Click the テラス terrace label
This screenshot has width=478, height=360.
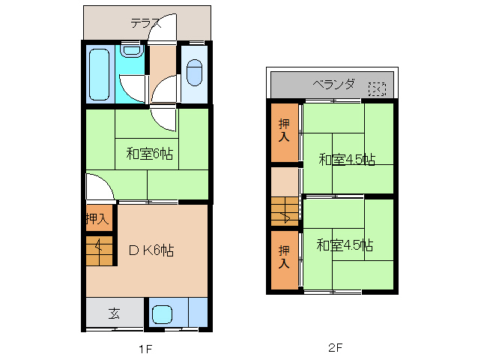pos(146,22)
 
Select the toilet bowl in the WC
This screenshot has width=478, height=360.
pos(194,72)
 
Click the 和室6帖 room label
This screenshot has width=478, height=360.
pos(149,154)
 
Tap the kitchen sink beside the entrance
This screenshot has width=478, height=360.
pos(163,313)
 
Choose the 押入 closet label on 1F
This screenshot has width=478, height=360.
pos(97,219)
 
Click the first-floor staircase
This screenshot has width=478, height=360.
pos(100,250)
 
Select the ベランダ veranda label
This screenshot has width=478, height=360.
pos(333,83)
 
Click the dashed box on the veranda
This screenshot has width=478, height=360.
pos(377,89)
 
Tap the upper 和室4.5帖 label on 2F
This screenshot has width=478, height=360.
pos(346,159)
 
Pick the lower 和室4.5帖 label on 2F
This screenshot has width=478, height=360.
pos(345,245)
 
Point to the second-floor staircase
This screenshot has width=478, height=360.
pos(285,211)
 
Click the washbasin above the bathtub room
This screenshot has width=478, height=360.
pos(132,50)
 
